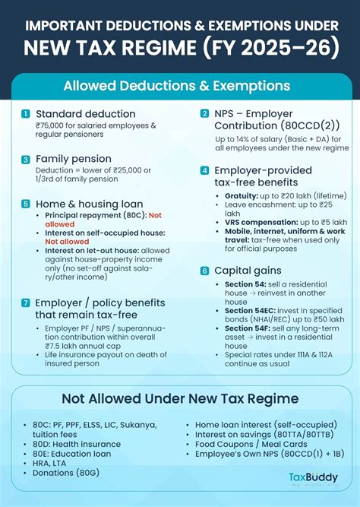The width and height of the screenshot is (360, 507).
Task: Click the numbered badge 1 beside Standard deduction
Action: [26, 114]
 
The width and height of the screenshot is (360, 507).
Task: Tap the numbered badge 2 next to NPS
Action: [204, 113]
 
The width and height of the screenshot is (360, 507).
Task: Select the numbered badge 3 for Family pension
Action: [26, 160]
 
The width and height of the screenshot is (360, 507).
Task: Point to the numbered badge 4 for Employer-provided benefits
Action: [204, 171]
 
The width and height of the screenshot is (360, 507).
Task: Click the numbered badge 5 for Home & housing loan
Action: [26, 204]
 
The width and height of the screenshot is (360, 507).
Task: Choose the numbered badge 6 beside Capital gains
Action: [204, 271]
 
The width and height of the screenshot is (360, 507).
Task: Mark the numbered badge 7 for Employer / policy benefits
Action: [26, 303]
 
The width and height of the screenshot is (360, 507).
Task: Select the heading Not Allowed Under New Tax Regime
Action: [180, 398]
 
